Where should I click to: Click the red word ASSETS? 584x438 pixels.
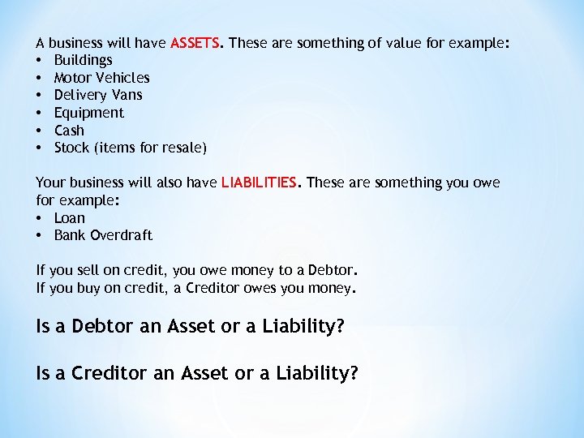coord(195,42)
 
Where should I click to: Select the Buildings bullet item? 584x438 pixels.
coord(83,60)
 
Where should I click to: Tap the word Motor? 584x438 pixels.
coord(72,78)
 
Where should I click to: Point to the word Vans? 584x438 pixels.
coord(127,95)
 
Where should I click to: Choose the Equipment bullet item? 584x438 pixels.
coord(88,113)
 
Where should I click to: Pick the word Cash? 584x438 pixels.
coord(69,130)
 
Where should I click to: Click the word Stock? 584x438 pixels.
coord(71,148)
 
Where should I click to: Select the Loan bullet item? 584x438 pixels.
coord(69,218)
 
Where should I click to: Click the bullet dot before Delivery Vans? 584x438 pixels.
coord(40,96)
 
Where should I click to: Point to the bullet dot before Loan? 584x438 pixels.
coord(40,219)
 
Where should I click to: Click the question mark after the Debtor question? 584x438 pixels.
coord(340,326)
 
